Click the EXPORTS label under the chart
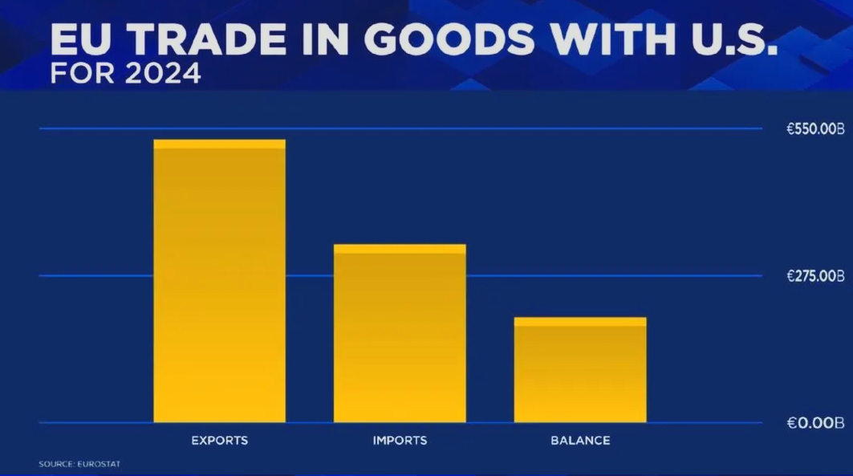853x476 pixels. pos(219,441)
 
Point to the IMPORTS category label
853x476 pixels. pos(400,441)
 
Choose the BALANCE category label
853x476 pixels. pos(580,441)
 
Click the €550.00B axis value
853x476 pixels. pos(815,128)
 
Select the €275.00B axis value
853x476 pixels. pos(815,276)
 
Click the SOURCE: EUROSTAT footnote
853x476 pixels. pos(79,464)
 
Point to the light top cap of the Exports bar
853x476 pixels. pos(219,144)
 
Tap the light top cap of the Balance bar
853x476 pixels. pos(580,321)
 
